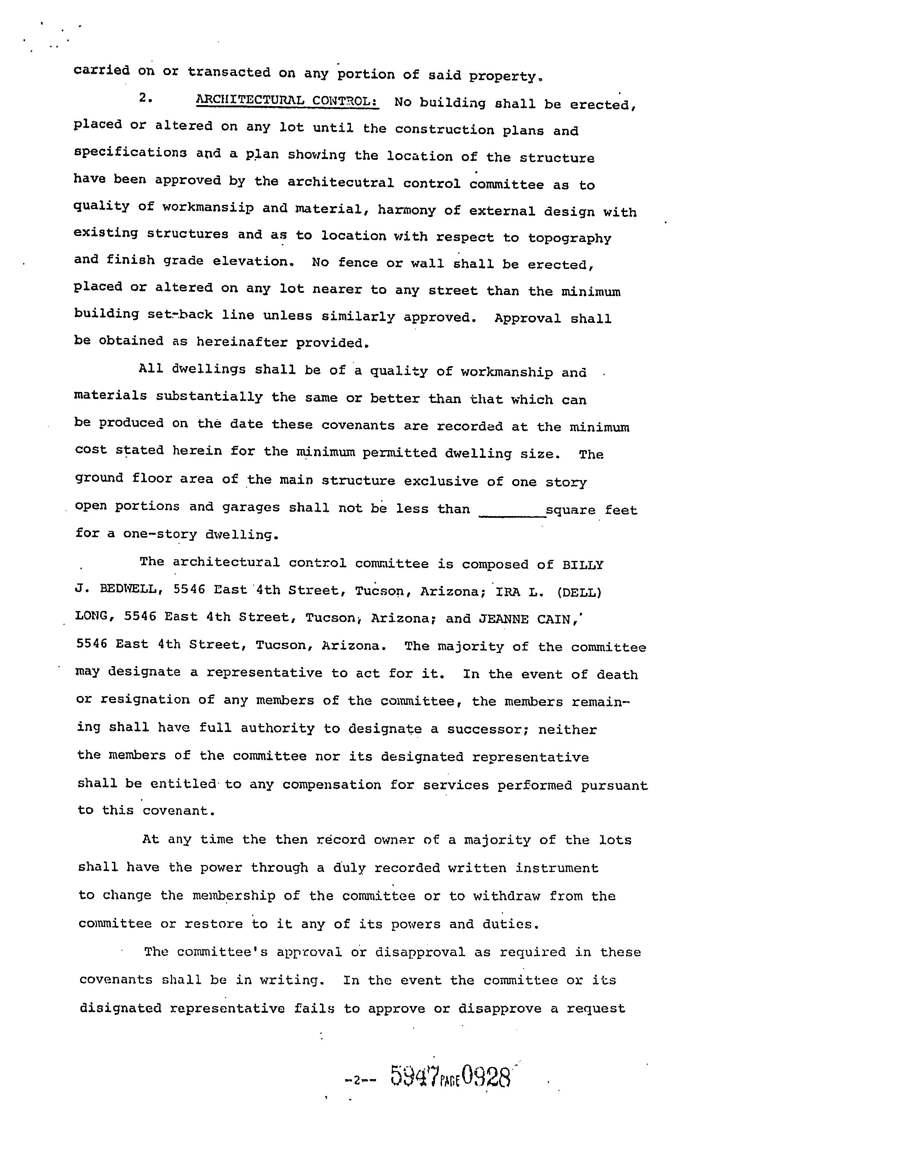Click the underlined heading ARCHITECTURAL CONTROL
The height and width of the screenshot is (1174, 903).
pyautogui.click(x=287, y=101)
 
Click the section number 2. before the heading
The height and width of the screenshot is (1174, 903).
pyautogui.click(x=145, y=98)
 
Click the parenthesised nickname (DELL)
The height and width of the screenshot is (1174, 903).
pyautogui.click(x=579, y=592)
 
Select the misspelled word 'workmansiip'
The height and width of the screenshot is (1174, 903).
pyautogui.click(x=208, y=207)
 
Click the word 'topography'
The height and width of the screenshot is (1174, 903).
pyautogui.click(x=569, y=238)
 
